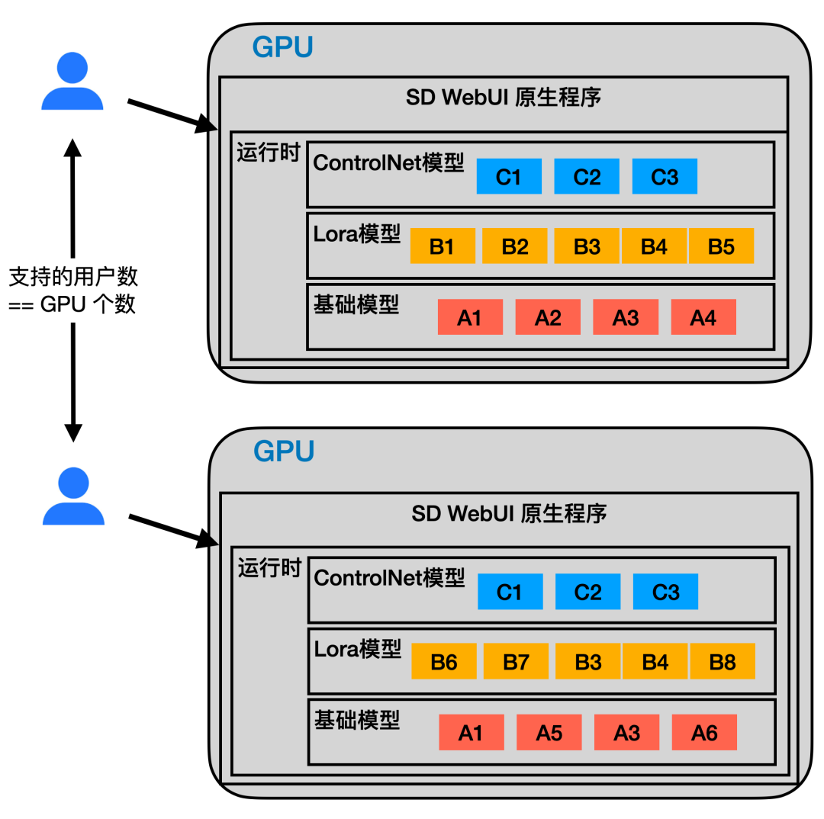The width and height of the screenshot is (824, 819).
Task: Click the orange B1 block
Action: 443,246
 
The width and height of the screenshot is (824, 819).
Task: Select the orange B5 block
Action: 721,246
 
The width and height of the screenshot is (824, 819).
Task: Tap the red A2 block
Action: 548,317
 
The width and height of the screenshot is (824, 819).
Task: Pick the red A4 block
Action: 703,317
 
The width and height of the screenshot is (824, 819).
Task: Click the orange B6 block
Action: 444,661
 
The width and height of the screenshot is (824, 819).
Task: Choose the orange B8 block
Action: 723,661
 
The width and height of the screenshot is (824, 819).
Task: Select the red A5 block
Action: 549,732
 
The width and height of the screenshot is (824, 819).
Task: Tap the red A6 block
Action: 704,732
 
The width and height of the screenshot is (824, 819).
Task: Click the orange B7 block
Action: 516,661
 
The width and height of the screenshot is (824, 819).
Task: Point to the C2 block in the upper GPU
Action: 587,176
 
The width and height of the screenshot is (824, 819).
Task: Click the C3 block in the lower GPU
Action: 665,592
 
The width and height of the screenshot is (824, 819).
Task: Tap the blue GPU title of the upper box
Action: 282,47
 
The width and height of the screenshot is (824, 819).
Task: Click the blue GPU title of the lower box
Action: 284,451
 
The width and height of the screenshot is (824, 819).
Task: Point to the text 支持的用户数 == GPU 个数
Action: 73,290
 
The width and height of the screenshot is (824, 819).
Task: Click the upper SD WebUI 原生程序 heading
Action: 504,98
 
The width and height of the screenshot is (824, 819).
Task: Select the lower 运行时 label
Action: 269,568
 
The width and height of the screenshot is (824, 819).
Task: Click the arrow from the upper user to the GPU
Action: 172,115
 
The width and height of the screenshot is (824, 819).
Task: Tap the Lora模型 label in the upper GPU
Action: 357,233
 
